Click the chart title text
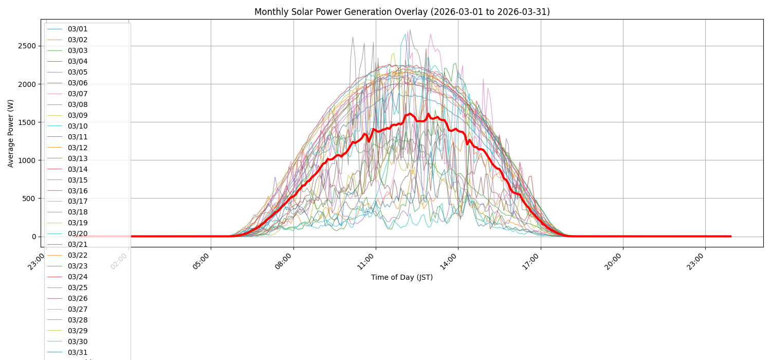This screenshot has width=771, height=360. pyautogui.click(x=402, y=12)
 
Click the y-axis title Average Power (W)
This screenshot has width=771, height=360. pyautogui.click(x=11, y=133)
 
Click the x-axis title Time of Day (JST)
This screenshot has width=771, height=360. pyautogui.click(x=402, y=277)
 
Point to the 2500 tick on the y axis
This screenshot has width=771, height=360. pyautogui.click(x=26, y=46)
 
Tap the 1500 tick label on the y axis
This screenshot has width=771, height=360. pyautogui.click(x=26, y=122)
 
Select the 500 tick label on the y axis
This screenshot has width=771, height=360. pyautogui.click(x=29, y=199)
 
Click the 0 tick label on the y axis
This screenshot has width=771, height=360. pyautogui.click(x=34, y=237)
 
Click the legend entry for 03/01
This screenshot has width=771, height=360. pyautogui.click(x=77, y=29)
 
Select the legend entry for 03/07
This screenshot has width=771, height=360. pyautogui.click(x=77, y=94)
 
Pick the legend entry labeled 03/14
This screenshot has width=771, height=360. pyautogui.click(x=77, y=169)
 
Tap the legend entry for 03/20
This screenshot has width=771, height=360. pyautogui.click(x=77, y=233)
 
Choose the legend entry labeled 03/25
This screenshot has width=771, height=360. pyautogui.click(x=77, y=287)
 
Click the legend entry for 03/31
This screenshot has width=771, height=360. pyautogui.click(x=77, y=352)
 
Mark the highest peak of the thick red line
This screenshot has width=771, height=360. pyautogui.click(x=428, y=114)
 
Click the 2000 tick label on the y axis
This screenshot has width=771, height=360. pyautogui.click(x=26, y=84)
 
